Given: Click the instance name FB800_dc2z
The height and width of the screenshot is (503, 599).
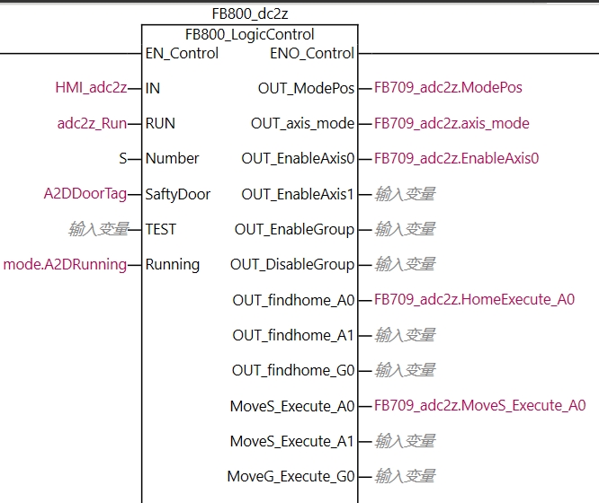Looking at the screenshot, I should pos(249,13).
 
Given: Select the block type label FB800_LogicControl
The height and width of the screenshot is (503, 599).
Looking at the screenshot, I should pos(249,35).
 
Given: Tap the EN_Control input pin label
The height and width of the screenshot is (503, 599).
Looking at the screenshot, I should pos(182,53).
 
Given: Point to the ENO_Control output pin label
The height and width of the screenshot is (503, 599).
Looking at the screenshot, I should pos(312,53).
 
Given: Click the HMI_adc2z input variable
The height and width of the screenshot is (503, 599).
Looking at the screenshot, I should pos(91,88).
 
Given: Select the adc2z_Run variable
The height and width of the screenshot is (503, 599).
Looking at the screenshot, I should pos(92,123).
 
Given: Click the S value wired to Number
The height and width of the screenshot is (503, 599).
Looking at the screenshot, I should pos(123,158).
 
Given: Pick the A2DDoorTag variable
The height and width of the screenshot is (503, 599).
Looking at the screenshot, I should pos(85,194).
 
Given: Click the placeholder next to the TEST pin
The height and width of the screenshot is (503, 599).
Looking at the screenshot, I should pos(98,229).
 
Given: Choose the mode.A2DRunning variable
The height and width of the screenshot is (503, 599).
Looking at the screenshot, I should pos(65,264).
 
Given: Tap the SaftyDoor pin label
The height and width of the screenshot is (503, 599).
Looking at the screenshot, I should pos(178,194).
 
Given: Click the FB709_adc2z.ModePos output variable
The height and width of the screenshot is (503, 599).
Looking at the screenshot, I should pos(448,88).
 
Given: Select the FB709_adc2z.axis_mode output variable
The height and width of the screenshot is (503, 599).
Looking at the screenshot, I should pos(451,123).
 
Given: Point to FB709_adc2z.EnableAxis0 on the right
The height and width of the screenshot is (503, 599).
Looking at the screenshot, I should pos(456,158).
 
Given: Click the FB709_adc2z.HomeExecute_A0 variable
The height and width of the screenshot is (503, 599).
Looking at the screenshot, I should pos(474,300).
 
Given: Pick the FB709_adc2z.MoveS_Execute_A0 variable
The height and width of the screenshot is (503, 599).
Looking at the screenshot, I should pos(479,406).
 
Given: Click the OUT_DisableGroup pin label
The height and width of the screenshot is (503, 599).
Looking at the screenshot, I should pos(292,264).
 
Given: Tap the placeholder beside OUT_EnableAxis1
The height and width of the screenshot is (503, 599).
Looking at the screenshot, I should pos(405,194).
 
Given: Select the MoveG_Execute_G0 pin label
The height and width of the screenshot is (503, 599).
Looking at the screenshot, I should pos(291,476).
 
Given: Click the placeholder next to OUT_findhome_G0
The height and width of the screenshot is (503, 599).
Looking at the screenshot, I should pos(405,370).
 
